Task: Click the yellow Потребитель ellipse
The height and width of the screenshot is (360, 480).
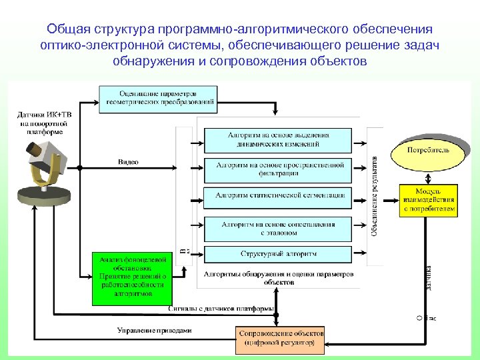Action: (x=429, y=151)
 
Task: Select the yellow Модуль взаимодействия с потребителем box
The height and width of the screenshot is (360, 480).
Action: (x=429, y=199)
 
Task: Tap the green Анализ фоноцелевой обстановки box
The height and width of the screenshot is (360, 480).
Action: (x=131, y=275)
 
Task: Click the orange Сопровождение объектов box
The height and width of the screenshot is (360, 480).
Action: (x=281, y=339)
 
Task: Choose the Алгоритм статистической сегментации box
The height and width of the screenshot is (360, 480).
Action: (x=277, y=195)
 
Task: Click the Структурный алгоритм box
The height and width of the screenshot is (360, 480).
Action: (x=277, y=254)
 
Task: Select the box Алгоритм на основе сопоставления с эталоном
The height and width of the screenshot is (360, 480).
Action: (x=277, y=229)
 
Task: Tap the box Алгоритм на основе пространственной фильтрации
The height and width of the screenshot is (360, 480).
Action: (x=277, y=169)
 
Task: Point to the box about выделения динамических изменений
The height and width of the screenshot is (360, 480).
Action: (x=277, y=139)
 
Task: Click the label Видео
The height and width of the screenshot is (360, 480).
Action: (x=128, y=162)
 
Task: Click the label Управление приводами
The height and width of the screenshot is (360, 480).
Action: (x=154, y=329)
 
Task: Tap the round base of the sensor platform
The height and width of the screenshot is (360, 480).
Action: (x=44, y=195)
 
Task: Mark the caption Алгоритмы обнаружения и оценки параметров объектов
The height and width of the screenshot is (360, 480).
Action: (x=279, y=277)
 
